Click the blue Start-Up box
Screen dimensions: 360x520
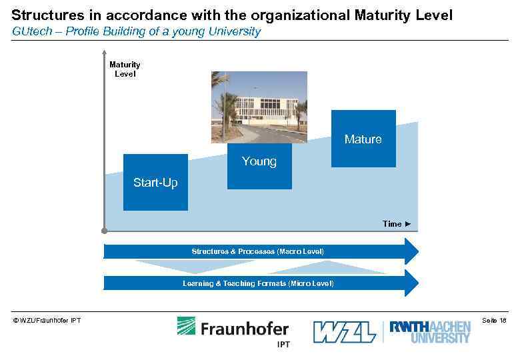155,182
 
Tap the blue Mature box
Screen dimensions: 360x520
363,139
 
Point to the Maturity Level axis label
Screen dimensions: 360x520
125,69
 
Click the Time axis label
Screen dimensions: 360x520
397,224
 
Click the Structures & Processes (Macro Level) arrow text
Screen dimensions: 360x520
257,251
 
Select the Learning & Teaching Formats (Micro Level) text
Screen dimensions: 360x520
258,283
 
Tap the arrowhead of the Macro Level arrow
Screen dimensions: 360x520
412,251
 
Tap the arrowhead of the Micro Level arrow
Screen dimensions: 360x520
412,283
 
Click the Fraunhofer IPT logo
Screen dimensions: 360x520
233,331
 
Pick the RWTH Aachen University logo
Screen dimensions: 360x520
430,331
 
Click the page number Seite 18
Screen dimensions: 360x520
493,321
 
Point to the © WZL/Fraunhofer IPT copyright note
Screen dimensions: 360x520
47,321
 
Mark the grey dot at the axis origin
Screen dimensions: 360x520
105,231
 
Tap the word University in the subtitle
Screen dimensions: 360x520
237,31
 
